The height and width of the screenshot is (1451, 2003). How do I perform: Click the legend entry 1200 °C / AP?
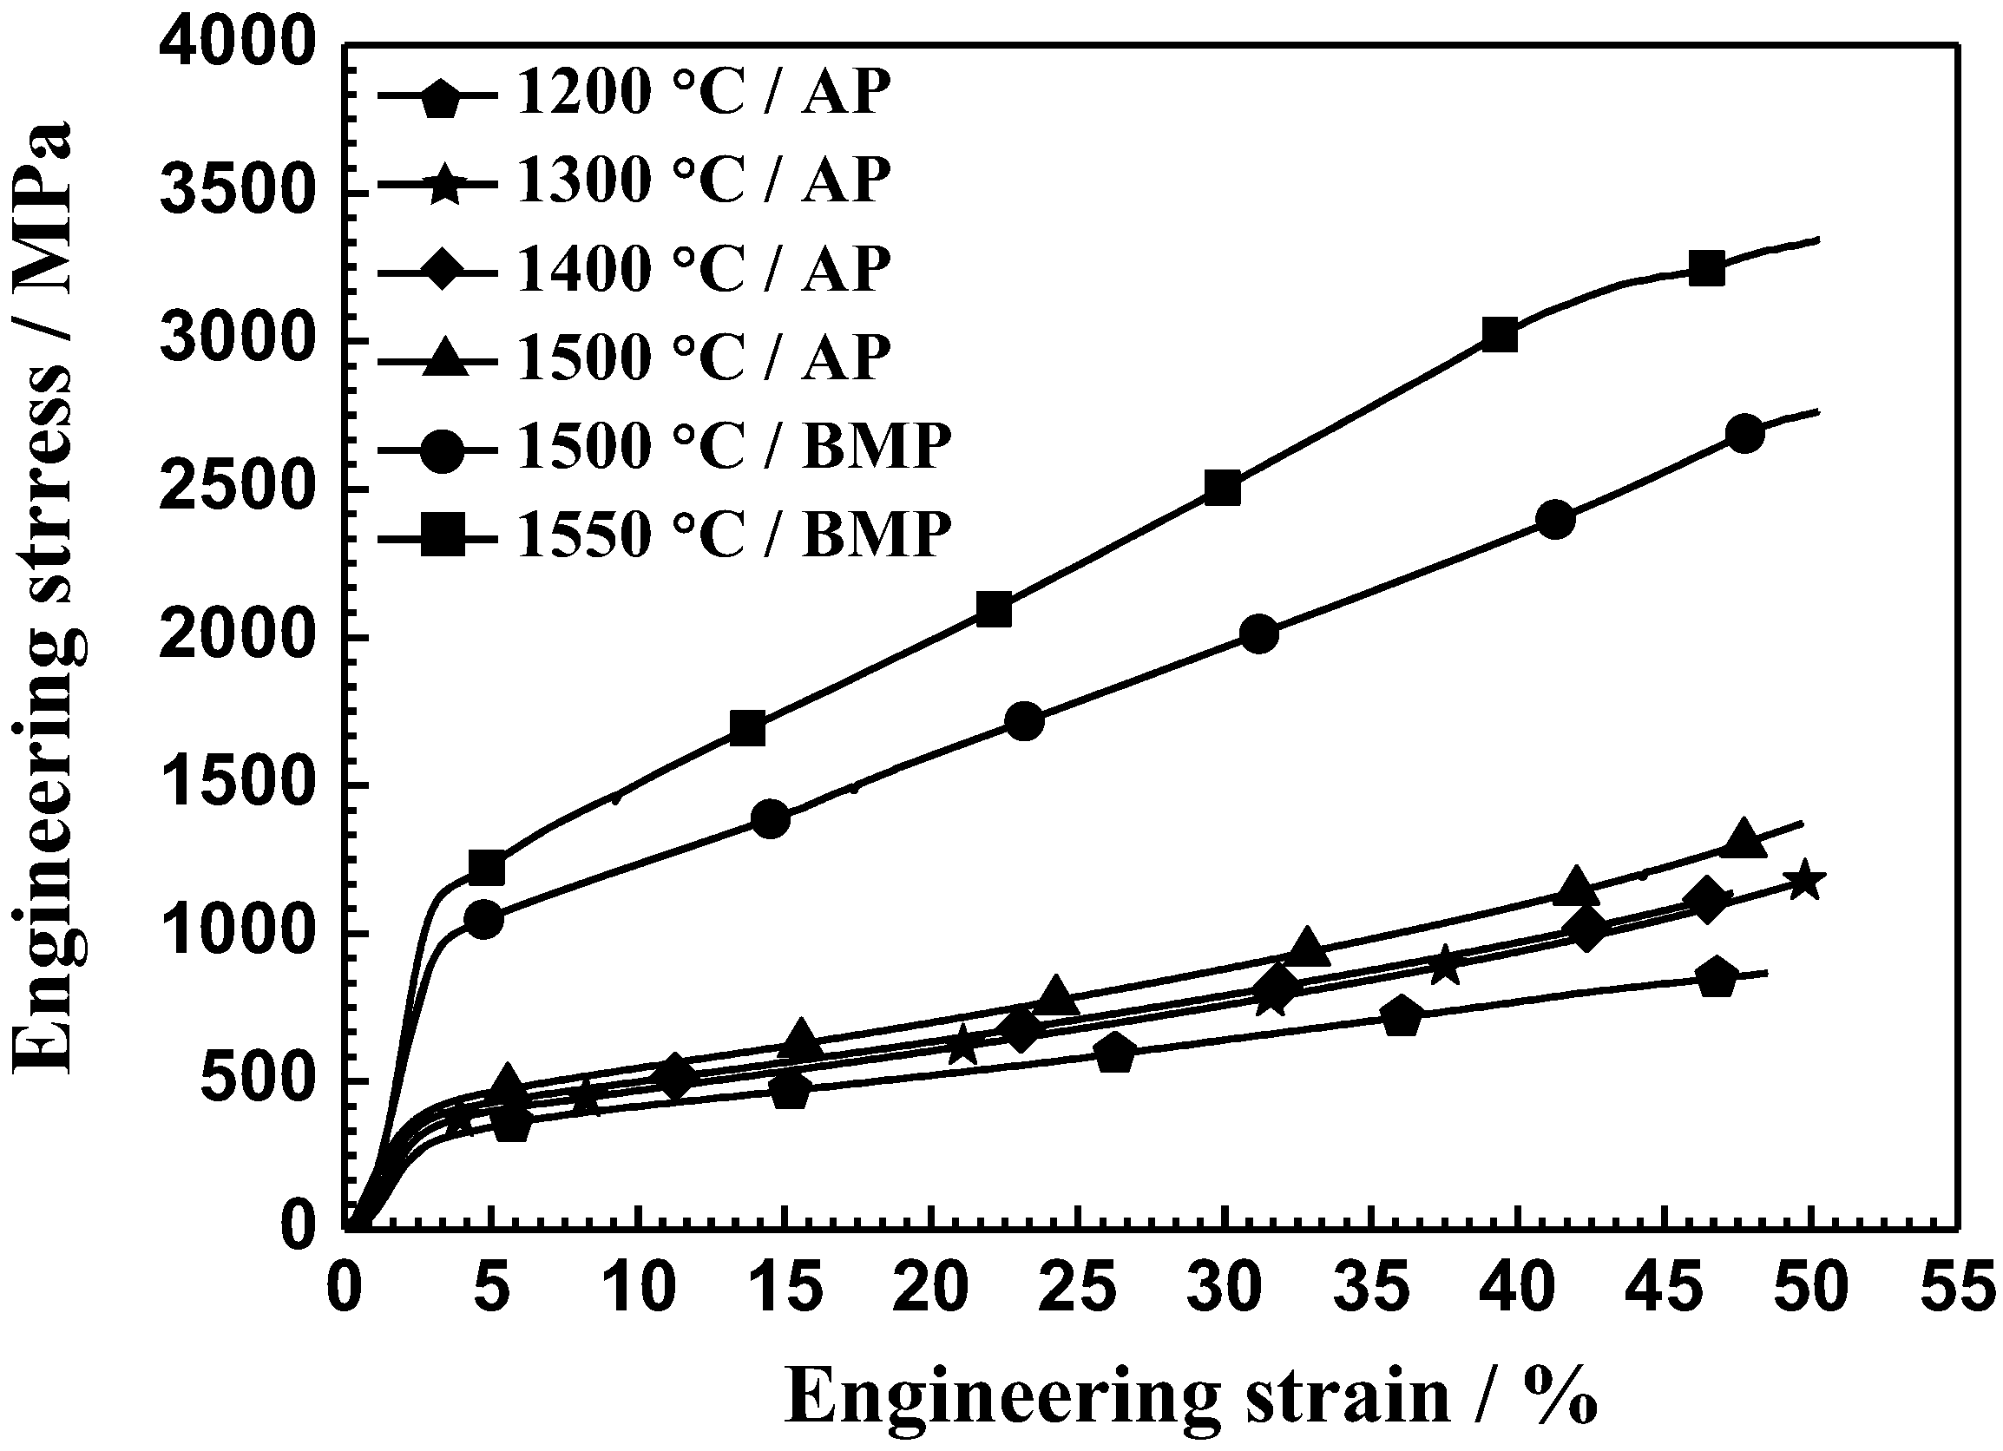coord(703,92)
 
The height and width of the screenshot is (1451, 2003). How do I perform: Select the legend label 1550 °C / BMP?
coord(733,535)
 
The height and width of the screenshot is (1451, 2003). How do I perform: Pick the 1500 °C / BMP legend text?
coord(733,446)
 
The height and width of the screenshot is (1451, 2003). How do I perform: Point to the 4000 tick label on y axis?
coord(237,46)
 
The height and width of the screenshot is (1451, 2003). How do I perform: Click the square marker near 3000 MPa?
coord(1500,336)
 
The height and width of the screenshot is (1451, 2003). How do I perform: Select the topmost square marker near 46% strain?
coord(1706,268)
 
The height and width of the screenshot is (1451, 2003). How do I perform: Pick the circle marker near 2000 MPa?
coord(1259,634)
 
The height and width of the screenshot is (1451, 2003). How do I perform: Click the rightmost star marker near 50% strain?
coord(1804,880)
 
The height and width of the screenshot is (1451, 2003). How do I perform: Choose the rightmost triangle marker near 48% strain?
coord(1744,839)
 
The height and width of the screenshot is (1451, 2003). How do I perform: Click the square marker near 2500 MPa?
coord(1223,489)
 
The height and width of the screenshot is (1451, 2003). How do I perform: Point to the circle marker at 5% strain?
coord(484,919)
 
